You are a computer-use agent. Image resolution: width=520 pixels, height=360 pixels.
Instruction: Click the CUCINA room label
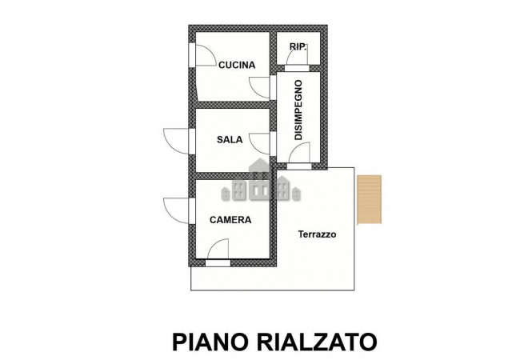tap(237, 66)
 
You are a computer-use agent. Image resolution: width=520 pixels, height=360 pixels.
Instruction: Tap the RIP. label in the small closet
tap(298, 47)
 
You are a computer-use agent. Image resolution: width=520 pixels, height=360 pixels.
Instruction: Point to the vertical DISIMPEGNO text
tap(298, 110)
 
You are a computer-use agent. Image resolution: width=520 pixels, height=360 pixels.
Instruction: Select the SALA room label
tap(230, 139)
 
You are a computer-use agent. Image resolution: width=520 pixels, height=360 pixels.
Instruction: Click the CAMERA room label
tap(230, 219)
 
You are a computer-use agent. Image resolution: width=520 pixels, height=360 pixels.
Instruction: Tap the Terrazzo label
tap(318, 234)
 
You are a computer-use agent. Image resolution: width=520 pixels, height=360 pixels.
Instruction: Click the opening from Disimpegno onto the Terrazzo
tap(300, 166)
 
